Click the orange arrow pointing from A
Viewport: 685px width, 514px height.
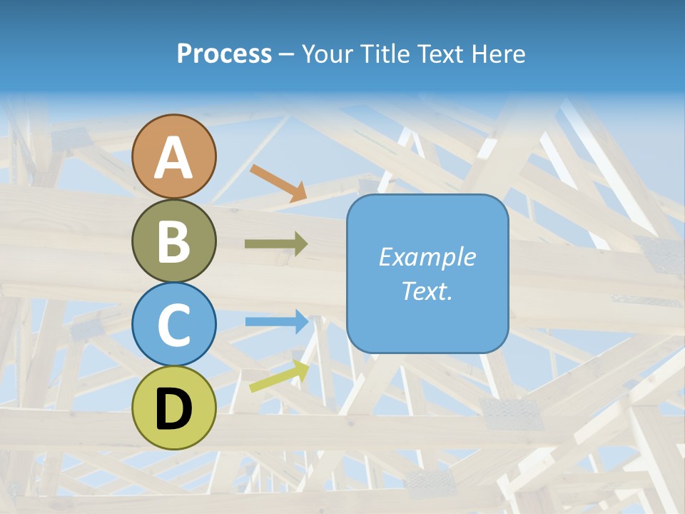(x=278, y=183)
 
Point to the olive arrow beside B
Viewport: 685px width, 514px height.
(x=276, y=244)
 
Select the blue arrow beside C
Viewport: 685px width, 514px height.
(x=277, y=322)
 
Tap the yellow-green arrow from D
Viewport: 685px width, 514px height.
(x=279, y=376)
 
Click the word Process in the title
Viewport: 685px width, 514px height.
(x=224, y=54)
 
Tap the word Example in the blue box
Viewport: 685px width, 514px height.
(x=427, y=257)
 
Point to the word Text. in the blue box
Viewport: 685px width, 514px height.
(x=427, y=291)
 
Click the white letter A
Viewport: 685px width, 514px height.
(x=174, y=158)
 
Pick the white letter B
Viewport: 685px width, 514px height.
(x=174, y=241)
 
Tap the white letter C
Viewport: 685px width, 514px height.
(x=174, y=325)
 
